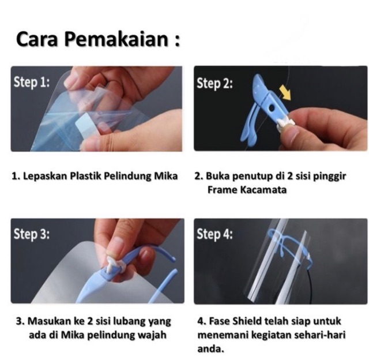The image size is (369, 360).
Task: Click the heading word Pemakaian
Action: point(116,39)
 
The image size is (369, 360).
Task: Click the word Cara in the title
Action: point(37,39)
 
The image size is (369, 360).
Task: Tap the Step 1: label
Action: point(32,82)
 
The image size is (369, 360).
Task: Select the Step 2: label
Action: point(214,83)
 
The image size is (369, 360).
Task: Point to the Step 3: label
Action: point(32,234)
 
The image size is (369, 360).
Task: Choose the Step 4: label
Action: point(214,234)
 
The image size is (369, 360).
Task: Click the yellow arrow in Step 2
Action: point(285,92)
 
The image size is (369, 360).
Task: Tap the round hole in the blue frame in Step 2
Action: point(272,108)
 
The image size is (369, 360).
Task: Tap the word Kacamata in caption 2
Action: point(263,190)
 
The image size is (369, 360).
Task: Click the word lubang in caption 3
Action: point(129,321)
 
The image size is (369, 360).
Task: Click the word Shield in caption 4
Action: point(247,321)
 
